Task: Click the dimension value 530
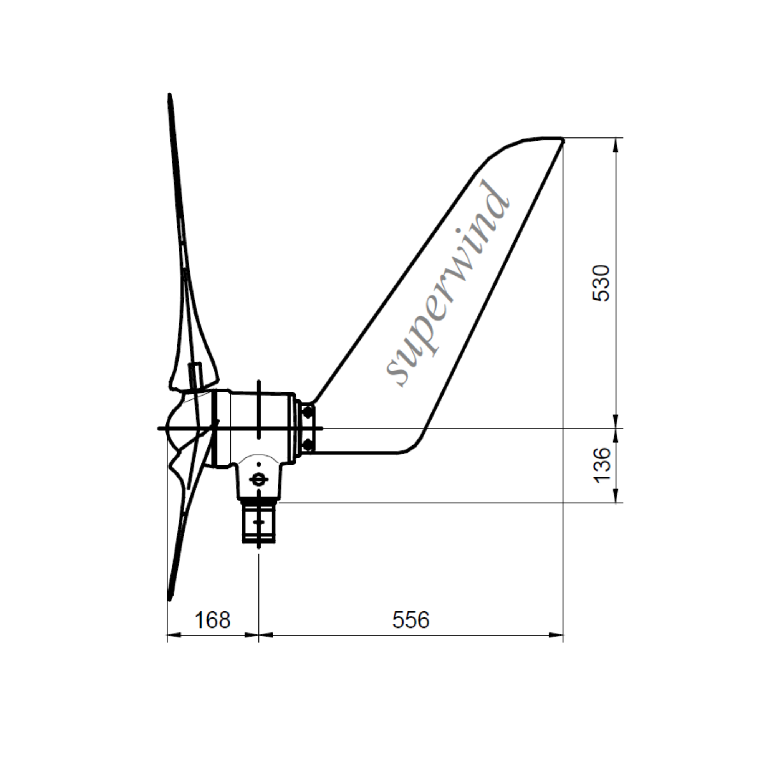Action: (601, 283)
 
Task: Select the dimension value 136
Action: (601, 465)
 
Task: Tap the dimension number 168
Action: (213, 620)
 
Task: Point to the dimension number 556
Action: (411, 620)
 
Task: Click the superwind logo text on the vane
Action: (447, 284)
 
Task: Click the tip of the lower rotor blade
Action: (170, 609)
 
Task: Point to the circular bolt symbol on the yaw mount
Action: (258, 480)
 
